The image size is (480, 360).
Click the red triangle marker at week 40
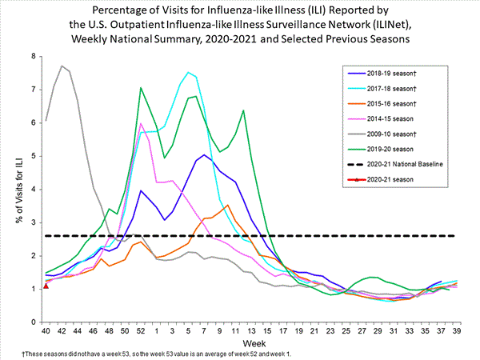click(46, 286)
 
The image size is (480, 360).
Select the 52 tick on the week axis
click(141, 330)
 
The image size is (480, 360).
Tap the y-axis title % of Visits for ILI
click(14, 189)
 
